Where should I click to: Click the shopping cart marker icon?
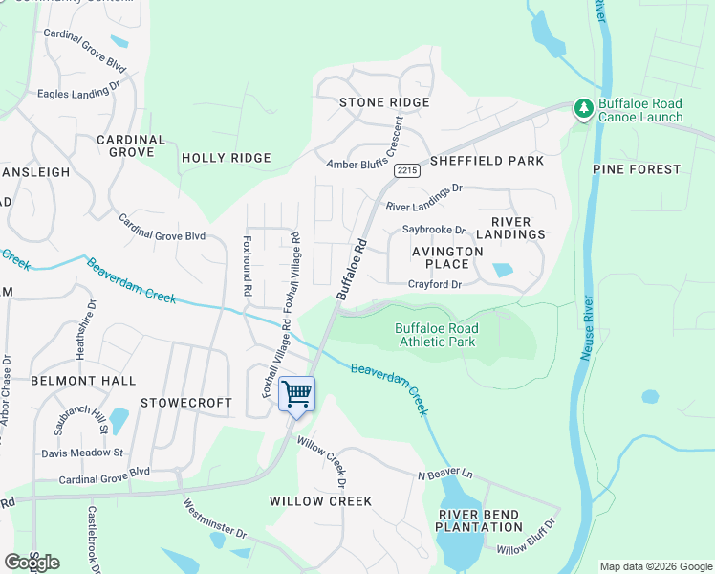click(296, 393)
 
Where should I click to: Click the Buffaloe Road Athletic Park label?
click(437, 335)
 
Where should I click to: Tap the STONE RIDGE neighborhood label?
click(384, 102)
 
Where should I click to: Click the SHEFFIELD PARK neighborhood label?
click(487, 161)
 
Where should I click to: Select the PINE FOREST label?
click(637, 169)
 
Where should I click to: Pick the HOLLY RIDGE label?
click(227, 158)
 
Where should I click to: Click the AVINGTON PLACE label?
click(440, 257)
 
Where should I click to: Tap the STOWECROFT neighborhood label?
click(186, 403)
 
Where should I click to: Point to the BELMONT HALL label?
click(84, 381)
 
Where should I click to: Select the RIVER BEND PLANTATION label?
click(480, 520)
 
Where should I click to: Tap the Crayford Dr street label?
click(435, 284)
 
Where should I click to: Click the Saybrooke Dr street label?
click(433, 230)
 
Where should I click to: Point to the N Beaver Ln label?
click(444, 475)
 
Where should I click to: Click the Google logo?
click(32, 563)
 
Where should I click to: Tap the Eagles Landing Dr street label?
click(77, 94)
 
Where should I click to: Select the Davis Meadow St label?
click(82, 453)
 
